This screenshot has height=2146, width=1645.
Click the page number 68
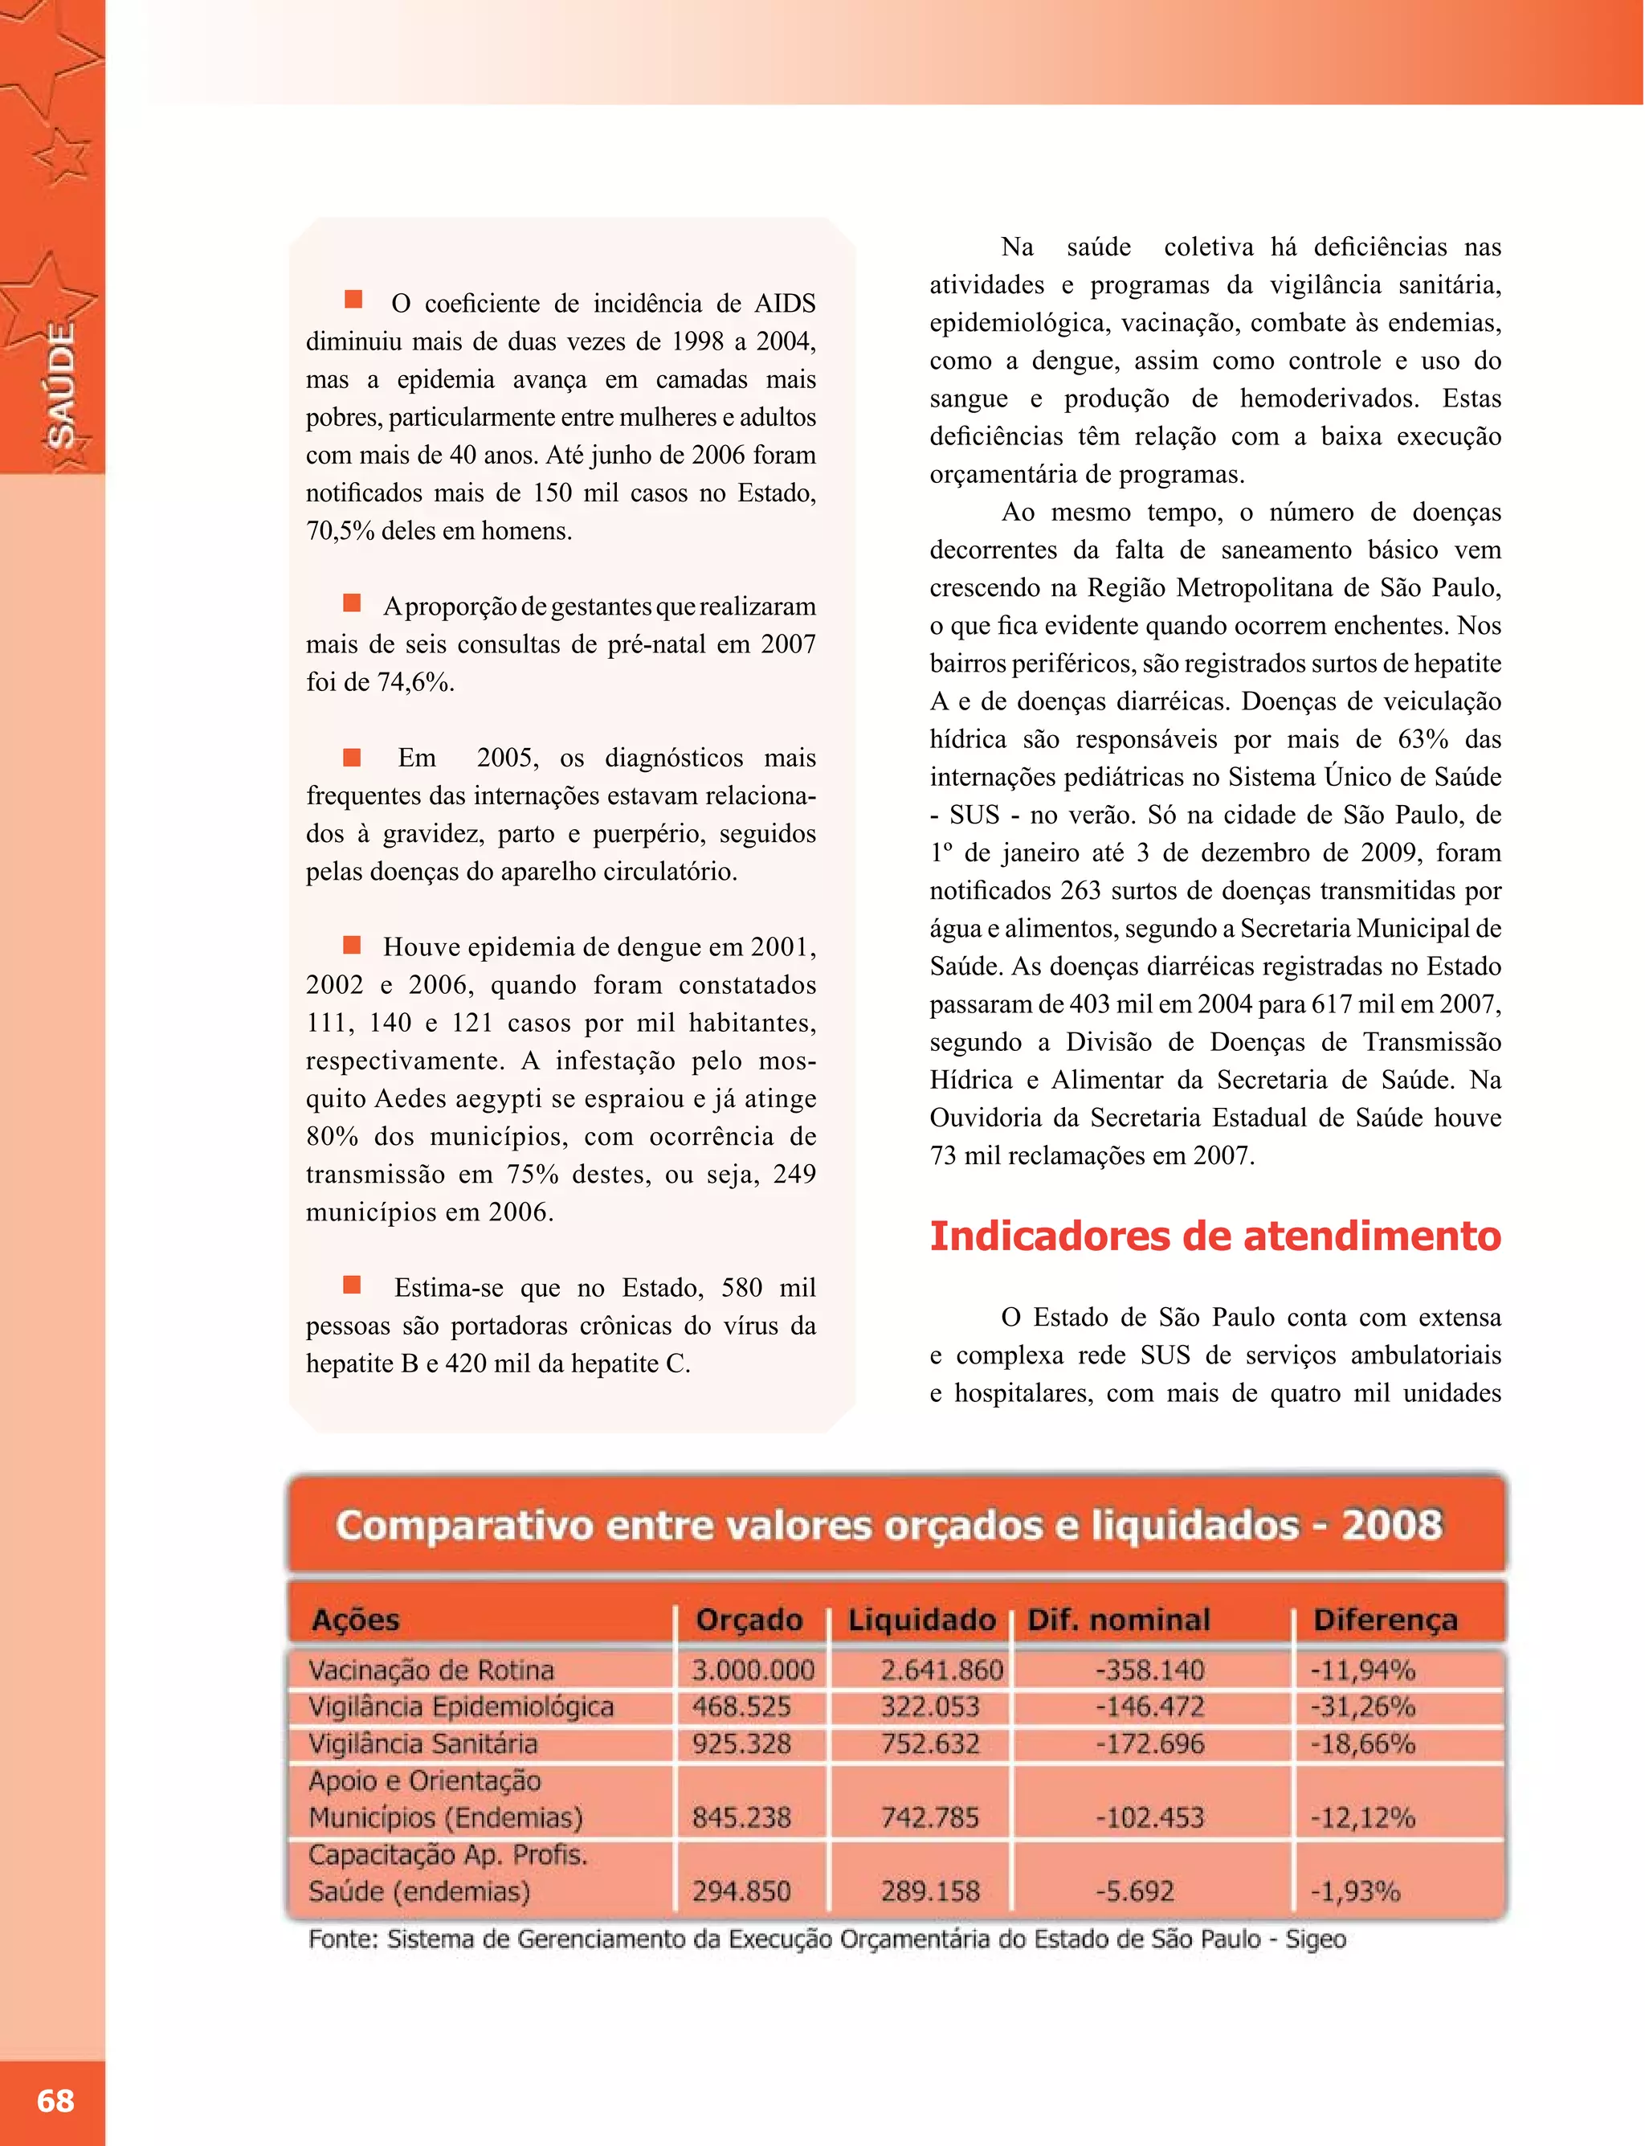tap(55, 2100)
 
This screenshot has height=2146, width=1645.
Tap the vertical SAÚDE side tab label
tap(61, 385)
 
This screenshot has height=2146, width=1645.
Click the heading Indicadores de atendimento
tap(1214, 1236)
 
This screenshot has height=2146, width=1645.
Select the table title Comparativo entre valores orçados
tap(888, 1525)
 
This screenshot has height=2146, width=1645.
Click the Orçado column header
tap(749, 1620)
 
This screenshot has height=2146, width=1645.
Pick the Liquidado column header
tap(920, 1620)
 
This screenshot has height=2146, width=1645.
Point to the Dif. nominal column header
tap(1118, 1620)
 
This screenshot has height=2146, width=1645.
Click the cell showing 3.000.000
tap(753, 1670)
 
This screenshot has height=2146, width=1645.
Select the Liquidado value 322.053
tap(929, 1707)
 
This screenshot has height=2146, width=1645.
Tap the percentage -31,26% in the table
tap(1362, 1707)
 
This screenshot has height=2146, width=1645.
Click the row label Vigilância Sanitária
tap(423, 1743)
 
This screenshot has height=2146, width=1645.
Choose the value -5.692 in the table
tap(1134, 1891)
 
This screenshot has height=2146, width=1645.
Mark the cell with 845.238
tap(741, 1818)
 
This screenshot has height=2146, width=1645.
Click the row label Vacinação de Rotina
tap(431, 1670)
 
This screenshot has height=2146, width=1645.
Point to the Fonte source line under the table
tap(827, 1940)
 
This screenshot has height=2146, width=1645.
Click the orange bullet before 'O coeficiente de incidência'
tap(353, 299)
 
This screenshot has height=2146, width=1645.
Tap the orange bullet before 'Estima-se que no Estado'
tap(353, 1284)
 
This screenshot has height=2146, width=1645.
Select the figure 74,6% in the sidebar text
tap(415, 683)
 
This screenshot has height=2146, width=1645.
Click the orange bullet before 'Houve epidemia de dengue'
tap(353, 944)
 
